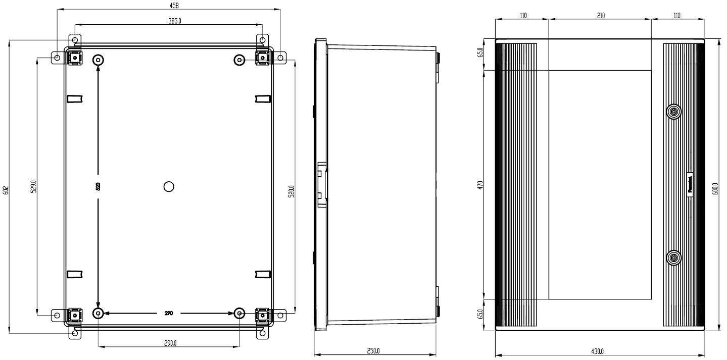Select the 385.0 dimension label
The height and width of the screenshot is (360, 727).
(x=174, y=21)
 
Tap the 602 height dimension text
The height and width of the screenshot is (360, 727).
(x=6, y=190)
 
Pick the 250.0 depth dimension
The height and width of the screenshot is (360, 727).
(x=373, y=351)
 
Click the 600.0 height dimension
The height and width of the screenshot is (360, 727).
(x=716, y=190)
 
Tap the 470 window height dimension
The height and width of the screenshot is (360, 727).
(x=480, y=185)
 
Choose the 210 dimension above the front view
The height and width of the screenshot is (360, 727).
(x=601, y=16)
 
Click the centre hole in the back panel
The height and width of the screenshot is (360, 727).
(x=169, y=187)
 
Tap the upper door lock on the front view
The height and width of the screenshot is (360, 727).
(x=673, y=112)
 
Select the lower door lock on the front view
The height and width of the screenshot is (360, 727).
(x=673, y=259)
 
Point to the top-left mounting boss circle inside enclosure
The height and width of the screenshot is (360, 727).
(x=98, y=60)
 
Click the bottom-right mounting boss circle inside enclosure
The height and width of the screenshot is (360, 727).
(x=239, y=314)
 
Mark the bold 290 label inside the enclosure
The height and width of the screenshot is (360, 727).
(x=169, y=314)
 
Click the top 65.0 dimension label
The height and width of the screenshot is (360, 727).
(x=480, y=52)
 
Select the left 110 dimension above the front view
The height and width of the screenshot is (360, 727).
(x=523, y=16)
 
